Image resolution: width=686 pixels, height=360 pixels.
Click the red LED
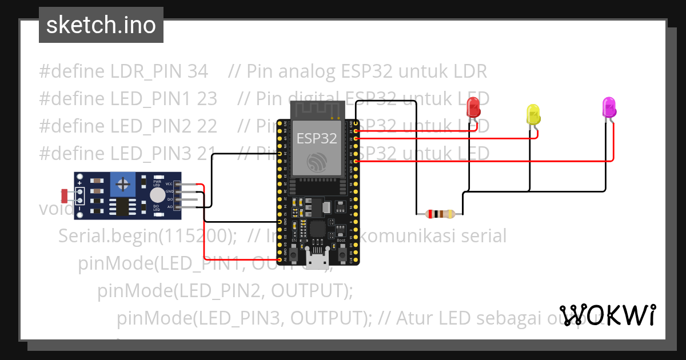(x=473, y=107)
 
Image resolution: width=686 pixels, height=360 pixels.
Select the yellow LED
(x=532, y=114)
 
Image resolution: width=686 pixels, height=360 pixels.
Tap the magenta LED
(x=609, y=107)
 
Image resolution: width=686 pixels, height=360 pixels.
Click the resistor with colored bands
(x=439, y=214)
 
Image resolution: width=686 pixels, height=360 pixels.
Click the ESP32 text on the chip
(x=317, y=138)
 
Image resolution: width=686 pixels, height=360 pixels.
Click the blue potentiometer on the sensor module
(x=122, y=183)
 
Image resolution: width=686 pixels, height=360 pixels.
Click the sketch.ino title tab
(x=101, y=25)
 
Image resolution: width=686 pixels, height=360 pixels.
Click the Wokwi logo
(x=607, y=315)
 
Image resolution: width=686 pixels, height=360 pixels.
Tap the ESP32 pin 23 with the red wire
(x=356, y=131)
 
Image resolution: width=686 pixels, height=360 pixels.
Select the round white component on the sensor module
(x=157, y=195)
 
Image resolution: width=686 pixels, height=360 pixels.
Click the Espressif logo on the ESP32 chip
(x=317, y=163)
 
